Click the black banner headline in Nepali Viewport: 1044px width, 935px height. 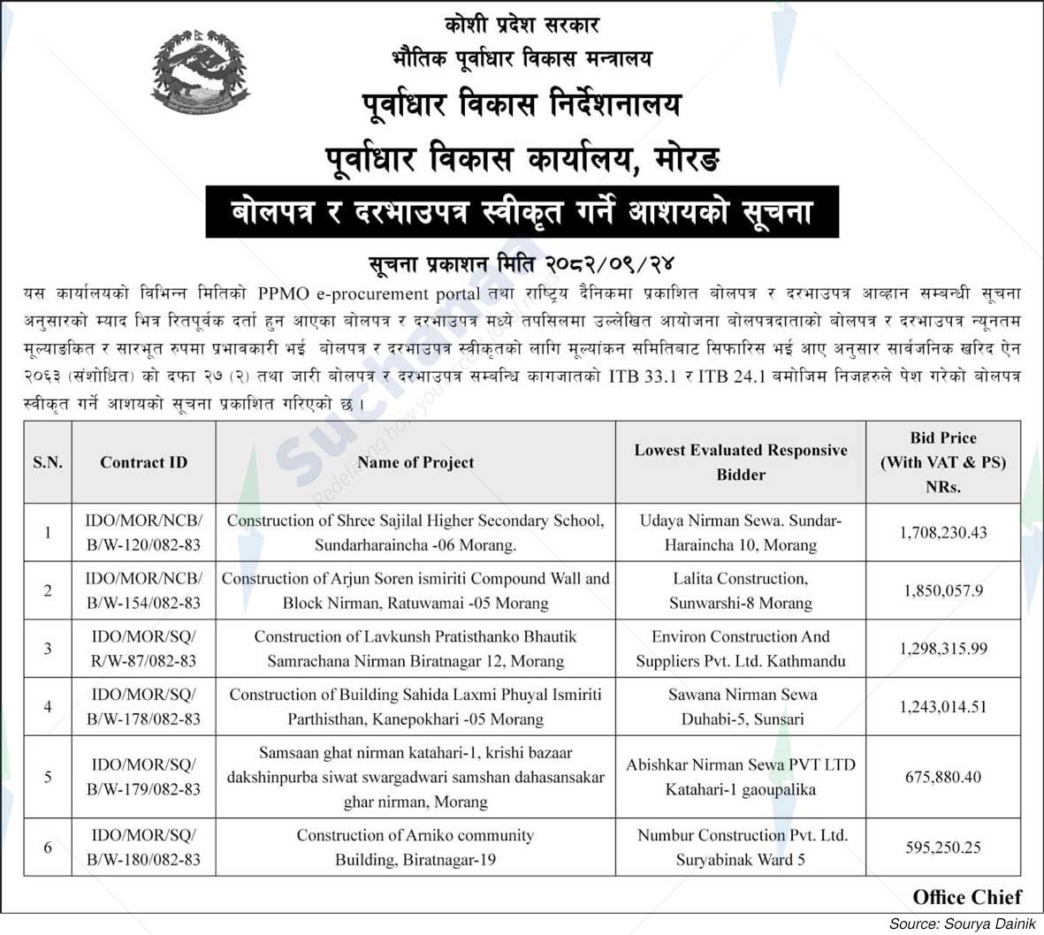coord(522,212)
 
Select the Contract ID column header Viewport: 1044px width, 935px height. coord(143,462)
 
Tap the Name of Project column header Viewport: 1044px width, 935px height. coord(415,462)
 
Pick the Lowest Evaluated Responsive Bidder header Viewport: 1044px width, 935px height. coord(740,462)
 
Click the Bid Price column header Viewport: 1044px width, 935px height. coord(942,462)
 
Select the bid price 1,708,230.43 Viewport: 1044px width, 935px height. coord(942,533)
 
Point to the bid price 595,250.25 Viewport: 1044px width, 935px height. coord(942,848)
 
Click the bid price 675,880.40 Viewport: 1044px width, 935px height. coord(942,777)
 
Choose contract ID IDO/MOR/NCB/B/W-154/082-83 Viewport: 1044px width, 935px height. coord(143,590)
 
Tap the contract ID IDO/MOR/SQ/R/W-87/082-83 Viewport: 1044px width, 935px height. coord(143,649)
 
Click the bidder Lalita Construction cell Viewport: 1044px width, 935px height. coord(740,590)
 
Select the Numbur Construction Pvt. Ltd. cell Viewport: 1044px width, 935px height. coord(740,847)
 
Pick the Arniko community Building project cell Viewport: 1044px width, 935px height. coord(415,847)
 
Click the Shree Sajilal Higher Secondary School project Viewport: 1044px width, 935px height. coord(415,533)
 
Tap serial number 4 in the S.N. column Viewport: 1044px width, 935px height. coord(48,707)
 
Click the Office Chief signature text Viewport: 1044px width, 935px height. coord(966,897)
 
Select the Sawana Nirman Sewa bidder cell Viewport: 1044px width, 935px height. coord(740,707)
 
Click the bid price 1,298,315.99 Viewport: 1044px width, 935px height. coord(942,649)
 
